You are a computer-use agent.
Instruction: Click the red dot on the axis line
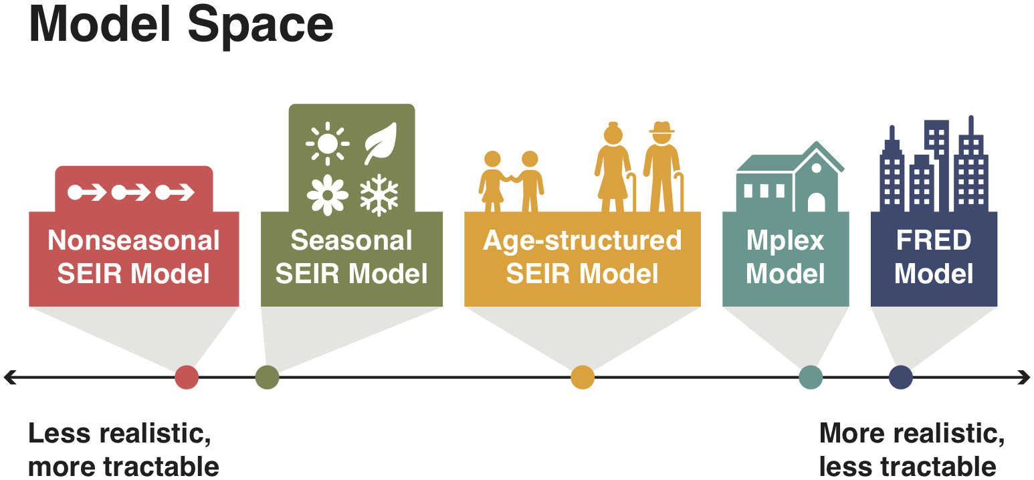coord(187,378)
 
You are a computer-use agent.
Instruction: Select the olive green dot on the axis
coord(267,378)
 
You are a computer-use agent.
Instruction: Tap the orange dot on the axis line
coord(583,378)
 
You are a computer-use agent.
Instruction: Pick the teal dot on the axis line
coord(811,378)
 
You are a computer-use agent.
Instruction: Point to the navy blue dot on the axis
coord(901,378)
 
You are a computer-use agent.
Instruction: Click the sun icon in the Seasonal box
coord(328,143)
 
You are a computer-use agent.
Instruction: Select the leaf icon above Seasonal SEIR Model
coord(381,143)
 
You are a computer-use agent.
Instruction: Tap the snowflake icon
coord(379,195)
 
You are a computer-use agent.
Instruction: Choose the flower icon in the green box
coord(328,195)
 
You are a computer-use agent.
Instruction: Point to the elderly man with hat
coord(663,168)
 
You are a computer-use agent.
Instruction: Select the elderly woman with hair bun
coord(613,168)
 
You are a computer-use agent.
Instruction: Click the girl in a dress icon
coord(493,181)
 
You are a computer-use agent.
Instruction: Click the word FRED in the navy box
coord(934,240)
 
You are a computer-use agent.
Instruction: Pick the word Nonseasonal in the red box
coord(134,240)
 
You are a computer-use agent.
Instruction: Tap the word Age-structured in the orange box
coord(582,240)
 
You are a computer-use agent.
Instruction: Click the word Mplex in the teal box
coord(785,240)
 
